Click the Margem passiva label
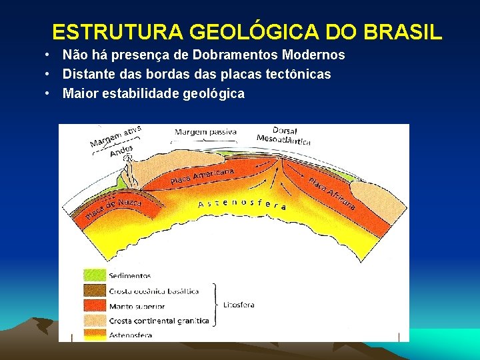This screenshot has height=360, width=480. coord(205,132)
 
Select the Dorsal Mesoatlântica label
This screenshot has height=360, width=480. coord(284,135)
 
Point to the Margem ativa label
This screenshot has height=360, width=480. coord(115,136)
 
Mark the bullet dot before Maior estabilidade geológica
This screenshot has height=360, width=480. coord(49,93)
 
